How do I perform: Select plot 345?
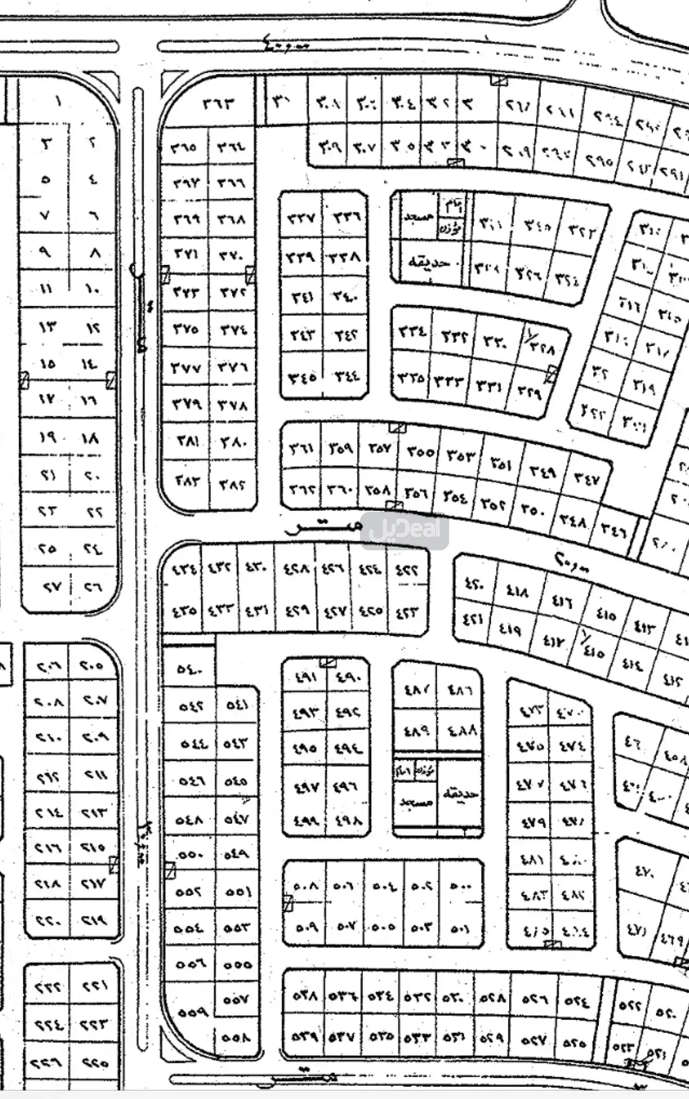[x=302, y=378]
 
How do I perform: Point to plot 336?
[x=347, y=216]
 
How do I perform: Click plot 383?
[x=187, y=480]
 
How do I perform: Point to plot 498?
[x=348, y=820]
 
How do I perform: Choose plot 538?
[x=304, y=995]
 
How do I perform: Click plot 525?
[x=574, y=1042]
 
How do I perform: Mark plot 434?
[x=183, y=570]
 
